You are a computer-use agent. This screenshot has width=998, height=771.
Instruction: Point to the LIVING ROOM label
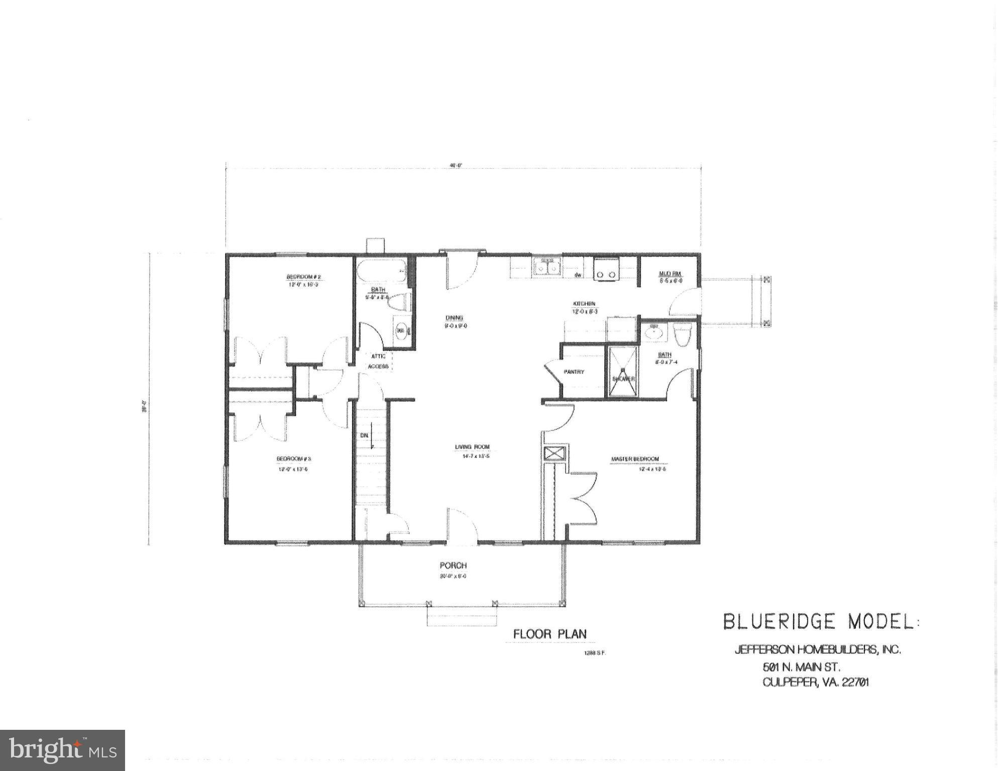click(472, 447)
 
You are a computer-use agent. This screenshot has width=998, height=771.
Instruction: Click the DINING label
click(454, 317)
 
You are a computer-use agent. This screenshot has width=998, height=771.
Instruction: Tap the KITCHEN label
click(585, 304)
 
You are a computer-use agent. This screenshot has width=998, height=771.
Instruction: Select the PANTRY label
click(574, 372)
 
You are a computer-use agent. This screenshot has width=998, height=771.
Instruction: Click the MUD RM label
click(670, 274)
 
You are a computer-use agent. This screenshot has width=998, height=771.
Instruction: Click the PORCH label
click(453, 566)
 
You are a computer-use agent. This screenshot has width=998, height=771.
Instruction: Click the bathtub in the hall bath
click(382, 272)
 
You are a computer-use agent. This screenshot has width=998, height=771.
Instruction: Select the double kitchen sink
click(547, 267)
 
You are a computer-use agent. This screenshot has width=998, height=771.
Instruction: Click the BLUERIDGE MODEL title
click(819, 622)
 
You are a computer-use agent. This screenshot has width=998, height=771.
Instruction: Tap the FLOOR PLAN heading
click(549, 634)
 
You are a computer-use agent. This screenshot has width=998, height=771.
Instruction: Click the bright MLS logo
click(62, 750)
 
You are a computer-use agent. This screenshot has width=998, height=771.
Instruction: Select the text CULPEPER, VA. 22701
click(816, 683)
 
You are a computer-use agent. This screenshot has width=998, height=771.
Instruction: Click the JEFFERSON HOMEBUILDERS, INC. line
click(817, 649)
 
